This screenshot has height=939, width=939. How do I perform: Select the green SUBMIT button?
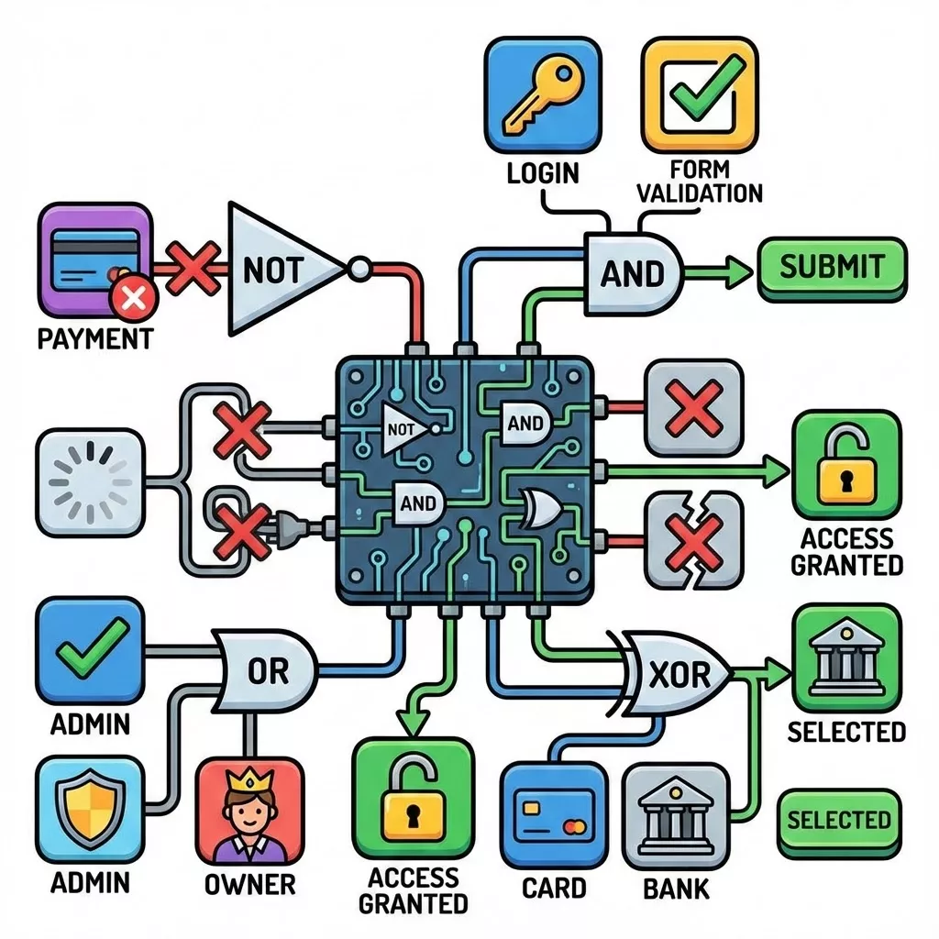pyautogui.click(x=832, y=268)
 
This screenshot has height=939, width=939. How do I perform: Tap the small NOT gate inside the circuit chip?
pyautogui.click(x=404, y=428)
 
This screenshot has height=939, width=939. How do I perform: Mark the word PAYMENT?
pyautogui.click(x=94, y=339)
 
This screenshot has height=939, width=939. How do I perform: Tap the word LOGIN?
pyautogui.click(x=542, y=172)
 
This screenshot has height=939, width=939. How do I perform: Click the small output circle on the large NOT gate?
pyautogui.click(x=359, y=269)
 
